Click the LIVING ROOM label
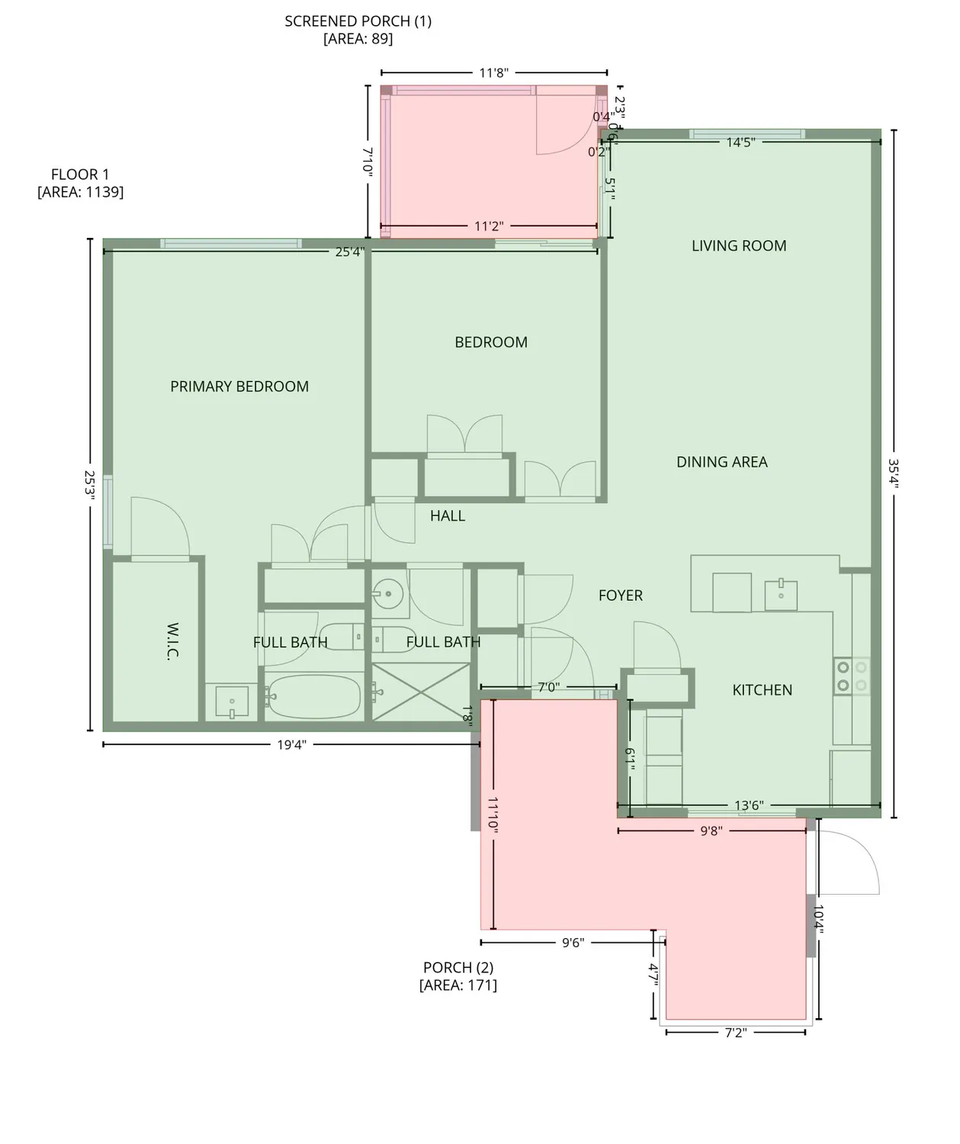[738, 246]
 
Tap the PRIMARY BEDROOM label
[239, 387]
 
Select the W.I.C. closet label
[172, 641]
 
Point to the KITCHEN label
[762, 690]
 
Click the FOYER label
[620, 596]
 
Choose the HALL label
[447, 516]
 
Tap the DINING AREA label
[721, 462]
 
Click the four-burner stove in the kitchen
[851, 676]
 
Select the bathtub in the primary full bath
[314, 696]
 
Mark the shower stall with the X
[421, 693]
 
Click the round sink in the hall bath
[388, 593]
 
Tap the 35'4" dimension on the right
[894, 474]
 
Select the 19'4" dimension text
[291, 745]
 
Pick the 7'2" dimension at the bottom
[735, 1033]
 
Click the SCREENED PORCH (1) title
[358, 21]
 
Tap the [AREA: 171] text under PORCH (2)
[458, 985]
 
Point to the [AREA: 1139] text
[80, 192]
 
